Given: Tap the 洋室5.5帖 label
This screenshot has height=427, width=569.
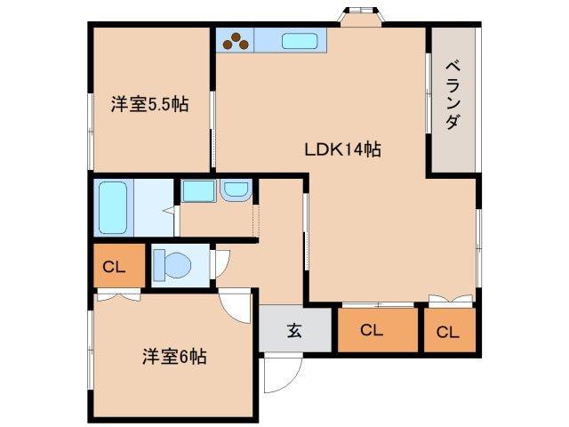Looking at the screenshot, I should (148, 104).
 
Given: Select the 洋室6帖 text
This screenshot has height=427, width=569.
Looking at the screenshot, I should (173, 357).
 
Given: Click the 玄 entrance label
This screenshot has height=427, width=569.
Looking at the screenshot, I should (294, 331).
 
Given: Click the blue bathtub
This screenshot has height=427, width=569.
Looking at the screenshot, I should (113, 206).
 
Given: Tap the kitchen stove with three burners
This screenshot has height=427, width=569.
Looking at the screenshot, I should (235, 39).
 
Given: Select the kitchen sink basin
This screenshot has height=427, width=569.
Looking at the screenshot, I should (301, 40).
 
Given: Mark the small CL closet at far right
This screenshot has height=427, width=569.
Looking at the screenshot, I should (447, 332).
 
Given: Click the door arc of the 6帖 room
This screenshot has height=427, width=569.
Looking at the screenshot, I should (236, 307).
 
